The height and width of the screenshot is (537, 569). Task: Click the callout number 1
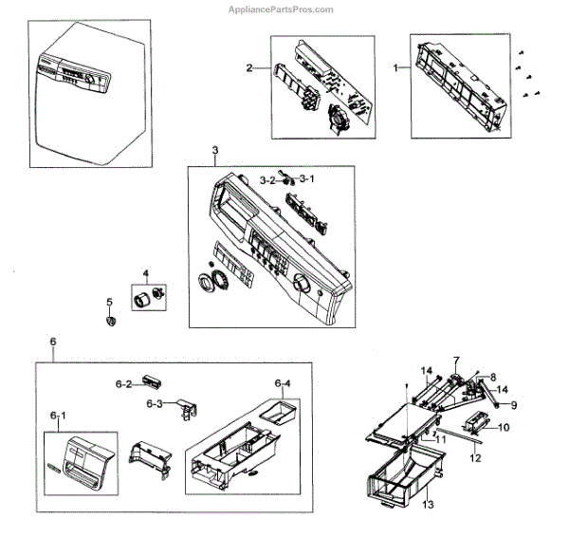pyautogui.click(x=396, y=68)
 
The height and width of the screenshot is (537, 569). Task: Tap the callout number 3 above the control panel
pyautogui.click(x=215, y=152)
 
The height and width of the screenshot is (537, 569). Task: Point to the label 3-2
pyautogui.click(x=267, y=179)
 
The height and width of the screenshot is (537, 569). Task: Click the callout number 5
pyautogui.click(x=109, y=303)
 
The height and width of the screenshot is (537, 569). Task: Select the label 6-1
pyautogui.click(x=58, y=416)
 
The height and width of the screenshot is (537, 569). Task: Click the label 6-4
pyautogui.click(x=283, y=383)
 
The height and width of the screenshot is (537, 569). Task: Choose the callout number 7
pyautogui.click(x=455, y=361)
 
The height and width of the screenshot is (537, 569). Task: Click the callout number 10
pyautogui.click(x=504, y=427)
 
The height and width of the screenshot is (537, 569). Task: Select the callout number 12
pyautogui.click(x=475, y=458)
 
